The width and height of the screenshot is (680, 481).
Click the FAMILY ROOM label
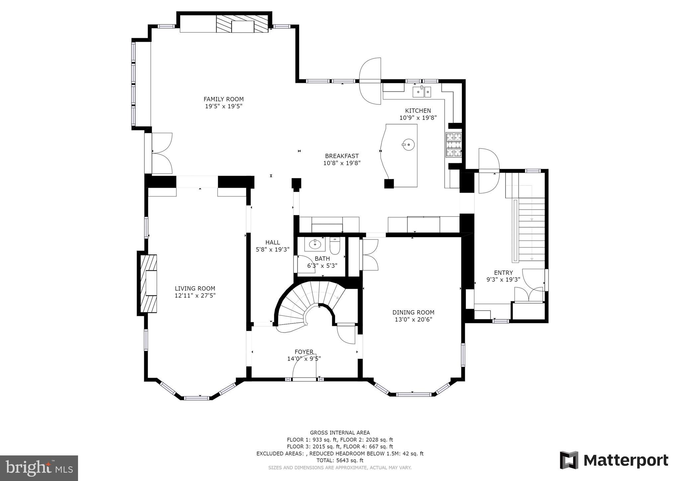click(223, 99)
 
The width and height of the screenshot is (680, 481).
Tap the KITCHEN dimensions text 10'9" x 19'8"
click(418, 118)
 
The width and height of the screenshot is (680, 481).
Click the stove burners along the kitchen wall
click(454, 144)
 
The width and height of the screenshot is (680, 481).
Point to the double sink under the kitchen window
click(422, 91)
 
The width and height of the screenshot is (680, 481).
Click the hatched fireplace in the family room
click(242, 24)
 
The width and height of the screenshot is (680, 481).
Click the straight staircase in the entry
click(531, 229)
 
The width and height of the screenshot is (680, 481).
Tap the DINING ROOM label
click(413, 312)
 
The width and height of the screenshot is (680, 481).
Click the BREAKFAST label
click(342, 156)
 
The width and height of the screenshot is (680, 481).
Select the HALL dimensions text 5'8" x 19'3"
click(273, 249)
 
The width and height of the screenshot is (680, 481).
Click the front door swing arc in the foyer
click(304, 369)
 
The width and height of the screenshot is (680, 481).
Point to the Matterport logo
click(614, 460)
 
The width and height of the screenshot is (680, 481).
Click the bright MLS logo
click(39, 468)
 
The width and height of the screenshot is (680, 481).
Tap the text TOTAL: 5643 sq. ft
click(340, 460)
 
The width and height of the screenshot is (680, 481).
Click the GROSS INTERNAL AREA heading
click(340, 433)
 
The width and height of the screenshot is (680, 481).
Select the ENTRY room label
click(503, 273)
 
